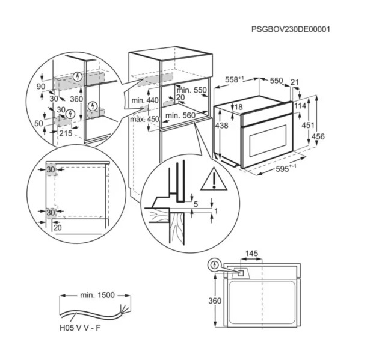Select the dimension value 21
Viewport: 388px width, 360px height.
point(294,82)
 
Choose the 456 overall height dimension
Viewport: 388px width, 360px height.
point(318,137)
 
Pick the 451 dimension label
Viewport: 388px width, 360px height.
point(307,125)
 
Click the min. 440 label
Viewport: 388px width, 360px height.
point(144,100)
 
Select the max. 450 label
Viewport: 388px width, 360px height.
point(144,119)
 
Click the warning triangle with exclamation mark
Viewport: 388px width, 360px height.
point(211,180)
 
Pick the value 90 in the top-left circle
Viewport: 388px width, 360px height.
point(40,87)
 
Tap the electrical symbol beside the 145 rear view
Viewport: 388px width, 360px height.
point(214,264)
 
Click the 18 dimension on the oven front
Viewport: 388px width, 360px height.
point(239,107)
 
